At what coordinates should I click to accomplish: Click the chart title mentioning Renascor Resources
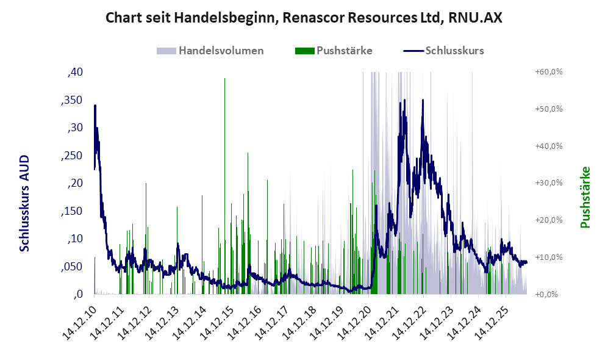click(x=304, y=18)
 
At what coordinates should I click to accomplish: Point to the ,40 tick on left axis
click(x=75, y=72)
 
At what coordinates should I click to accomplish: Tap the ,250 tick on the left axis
click(x=72, y=156)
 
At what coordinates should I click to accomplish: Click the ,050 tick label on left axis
click(x=72, y=267)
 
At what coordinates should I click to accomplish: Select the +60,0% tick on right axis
click(x=549, y=72)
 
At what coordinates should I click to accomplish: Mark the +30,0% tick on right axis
click(x=549, y=182)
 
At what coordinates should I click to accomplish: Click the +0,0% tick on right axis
click(x=546, y=294)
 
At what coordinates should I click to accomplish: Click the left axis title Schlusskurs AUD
click(x=24, y=203)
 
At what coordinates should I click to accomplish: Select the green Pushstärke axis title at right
click(x=585, y=197)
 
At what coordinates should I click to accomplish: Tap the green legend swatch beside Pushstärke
click(x=305, y=51)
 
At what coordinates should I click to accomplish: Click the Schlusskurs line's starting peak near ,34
click(x=95, y=106)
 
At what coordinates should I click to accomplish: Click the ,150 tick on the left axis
click(x=72, y=211)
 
